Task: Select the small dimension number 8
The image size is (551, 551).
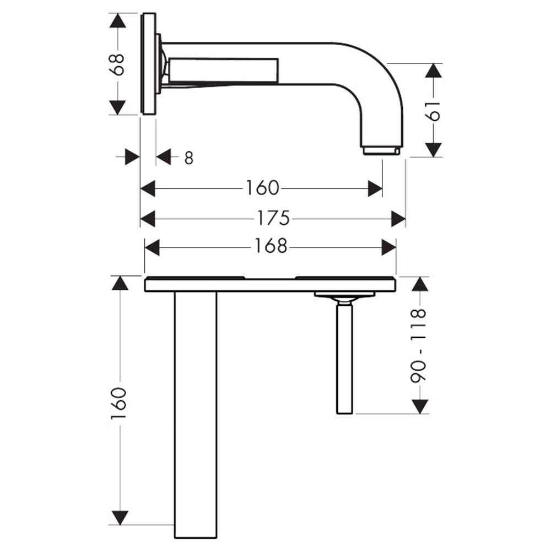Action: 188,158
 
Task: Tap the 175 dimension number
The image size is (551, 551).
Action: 273,218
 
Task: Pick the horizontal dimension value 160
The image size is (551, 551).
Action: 262,188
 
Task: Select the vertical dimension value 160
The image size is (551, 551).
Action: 118,403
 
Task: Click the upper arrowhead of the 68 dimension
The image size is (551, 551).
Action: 117,21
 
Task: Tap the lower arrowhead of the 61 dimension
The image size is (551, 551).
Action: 433,150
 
